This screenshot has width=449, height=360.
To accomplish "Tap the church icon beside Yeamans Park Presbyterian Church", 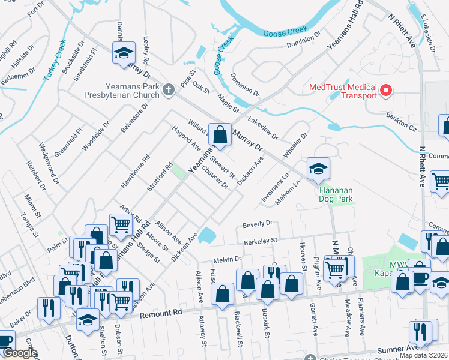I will tap(169, 90).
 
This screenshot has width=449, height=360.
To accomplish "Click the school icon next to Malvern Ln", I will tap(318, 169).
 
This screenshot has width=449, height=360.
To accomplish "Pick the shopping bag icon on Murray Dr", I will tap(220, 135).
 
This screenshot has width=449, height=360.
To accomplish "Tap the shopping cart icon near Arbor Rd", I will tap(121, 224).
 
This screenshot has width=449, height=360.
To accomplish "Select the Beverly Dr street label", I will tap(258, 224).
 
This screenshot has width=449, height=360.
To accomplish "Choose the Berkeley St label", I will tap(260, 241).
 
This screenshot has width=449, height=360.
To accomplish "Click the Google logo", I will tap(20, 353).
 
